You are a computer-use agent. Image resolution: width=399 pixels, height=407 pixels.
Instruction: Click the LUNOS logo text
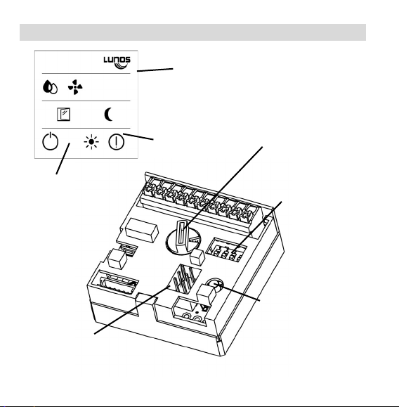(117, 60)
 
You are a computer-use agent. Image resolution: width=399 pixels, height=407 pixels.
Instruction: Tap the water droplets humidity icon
(50, 87)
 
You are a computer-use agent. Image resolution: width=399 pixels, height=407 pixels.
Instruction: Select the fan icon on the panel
(75, 87)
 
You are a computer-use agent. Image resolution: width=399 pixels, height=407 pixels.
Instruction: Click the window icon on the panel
(63, 115)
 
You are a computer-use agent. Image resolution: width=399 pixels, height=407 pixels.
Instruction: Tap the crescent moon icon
(108, 115)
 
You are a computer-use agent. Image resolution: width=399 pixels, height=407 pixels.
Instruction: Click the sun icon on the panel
(91, 142)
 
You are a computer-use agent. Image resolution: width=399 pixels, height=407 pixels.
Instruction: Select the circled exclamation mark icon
(116, 142)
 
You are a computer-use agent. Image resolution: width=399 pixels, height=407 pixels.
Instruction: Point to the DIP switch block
(226, 249)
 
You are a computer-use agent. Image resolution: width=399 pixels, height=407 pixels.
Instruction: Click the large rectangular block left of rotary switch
(142, 230)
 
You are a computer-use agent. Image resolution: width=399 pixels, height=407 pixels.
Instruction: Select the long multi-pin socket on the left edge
(118, 283)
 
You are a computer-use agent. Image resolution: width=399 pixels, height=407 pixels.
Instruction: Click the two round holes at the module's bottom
(192, 318)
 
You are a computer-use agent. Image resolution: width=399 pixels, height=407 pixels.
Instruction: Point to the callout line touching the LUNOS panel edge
(155, 70)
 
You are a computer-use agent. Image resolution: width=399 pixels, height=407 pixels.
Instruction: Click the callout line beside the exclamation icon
(138, 137)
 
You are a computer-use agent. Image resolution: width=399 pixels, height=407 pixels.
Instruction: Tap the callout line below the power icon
(63, 159)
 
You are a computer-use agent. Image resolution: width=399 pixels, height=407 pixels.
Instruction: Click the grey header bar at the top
(192, 32)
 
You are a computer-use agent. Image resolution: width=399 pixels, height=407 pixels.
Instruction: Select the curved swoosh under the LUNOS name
(121, 66)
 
